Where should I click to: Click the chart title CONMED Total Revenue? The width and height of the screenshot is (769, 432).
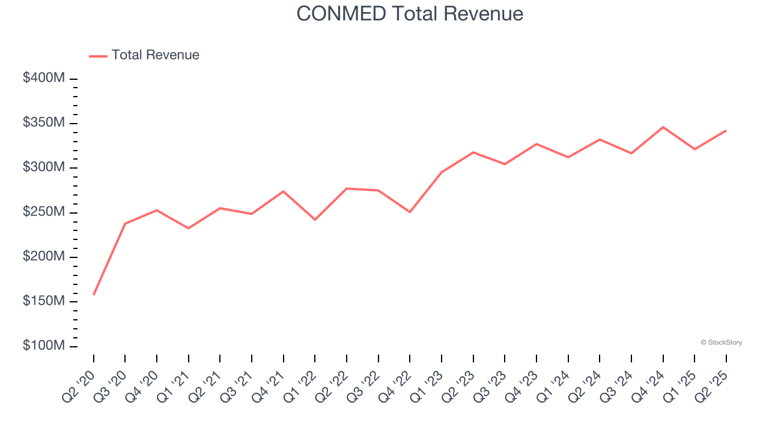click(410, 14)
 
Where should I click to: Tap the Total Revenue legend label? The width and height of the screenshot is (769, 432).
click(155, 55)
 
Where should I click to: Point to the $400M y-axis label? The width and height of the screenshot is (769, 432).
click(44, 78)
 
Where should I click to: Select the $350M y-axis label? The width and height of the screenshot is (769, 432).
click(44, 122)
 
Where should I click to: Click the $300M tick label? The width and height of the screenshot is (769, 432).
click(44, 167)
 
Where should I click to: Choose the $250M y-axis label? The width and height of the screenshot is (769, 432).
click(44, 212)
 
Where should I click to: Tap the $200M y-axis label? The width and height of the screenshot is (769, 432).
click(44, 257)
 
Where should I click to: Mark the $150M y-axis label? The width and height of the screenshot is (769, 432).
click(44, 301)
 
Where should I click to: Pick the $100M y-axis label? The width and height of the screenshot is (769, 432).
click(44, 346)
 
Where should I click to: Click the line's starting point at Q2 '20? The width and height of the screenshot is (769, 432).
click(94, 294)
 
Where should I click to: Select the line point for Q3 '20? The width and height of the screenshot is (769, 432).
click(125, 224)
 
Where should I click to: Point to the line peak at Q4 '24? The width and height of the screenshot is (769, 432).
click(663, 127)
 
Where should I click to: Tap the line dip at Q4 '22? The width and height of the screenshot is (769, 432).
click(410, 212)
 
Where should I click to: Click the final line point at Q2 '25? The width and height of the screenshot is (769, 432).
click(726, 131)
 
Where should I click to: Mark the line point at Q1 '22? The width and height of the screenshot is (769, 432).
click(315, 220)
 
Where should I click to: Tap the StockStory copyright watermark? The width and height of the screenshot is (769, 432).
click(721, 343)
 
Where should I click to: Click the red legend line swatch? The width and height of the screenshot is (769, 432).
click(98, 56)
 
